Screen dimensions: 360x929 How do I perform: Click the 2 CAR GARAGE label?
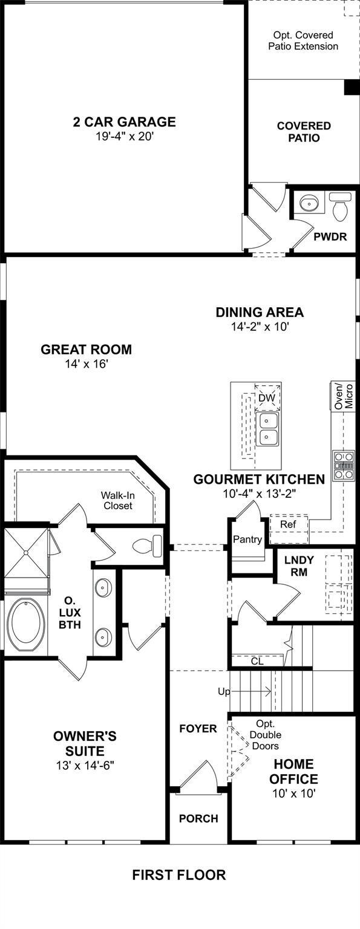click(x=124, y=122)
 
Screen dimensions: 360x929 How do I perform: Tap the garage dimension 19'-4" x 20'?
click(x=125, y=137)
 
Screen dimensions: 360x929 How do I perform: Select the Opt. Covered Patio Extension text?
click(x=303, y=41)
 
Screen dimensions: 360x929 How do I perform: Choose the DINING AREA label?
click(x=260, y=312)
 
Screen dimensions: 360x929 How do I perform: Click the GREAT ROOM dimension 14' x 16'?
click(x=87, y=364)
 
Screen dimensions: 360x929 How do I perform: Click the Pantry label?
click(x=247, y=539)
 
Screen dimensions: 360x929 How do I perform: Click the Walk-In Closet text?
click(x=118, y=500)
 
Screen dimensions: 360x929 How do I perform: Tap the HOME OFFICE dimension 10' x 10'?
click(x=294, y=794)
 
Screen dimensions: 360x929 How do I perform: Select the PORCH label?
click(x=198, y=819)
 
